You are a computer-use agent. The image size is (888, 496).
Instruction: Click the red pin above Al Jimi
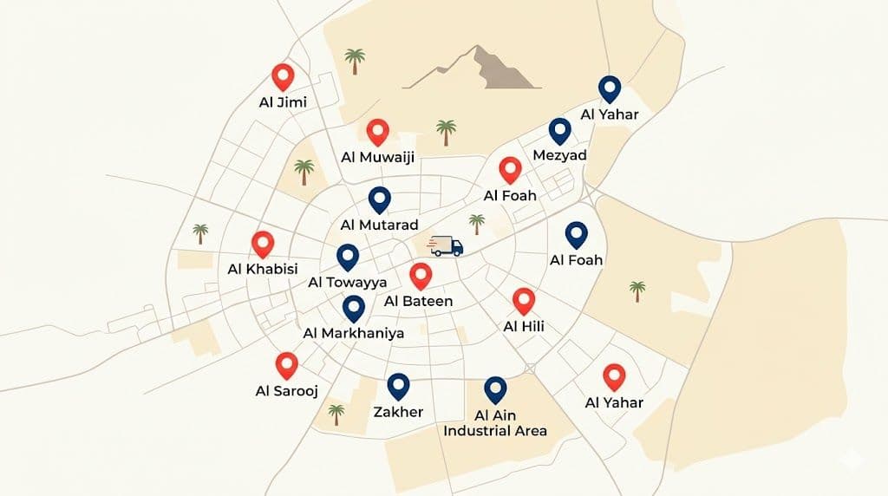[x=282, y=76]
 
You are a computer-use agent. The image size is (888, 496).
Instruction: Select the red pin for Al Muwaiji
[x=377, y=131]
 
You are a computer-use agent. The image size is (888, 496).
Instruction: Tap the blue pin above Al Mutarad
[x=379, y=199]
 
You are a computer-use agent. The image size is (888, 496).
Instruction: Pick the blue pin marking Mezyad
[x=560, y=131]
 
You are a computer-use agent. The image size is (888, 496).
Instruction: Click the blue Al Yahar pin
[x=610, y=88]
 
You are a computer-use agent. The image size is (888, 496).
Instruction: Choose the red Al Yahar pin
[x=614, y=375]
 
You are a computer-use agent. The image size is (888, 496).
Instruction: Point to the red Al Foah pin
[x=510, y=169]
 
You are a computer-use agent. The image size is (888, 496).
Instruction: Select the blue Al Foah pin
[x=576, y=234]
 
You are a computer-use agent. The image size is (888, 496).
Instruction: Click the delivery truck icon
[x=447, y=245]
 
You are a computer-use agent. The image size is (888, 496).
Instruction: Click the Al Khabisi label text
[x=262, y=269]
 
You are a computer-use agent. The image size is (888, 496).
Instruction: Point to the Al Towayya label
[x=347, y=283]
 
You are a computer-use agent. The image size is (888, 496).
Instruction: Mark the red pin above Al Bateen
[x=421, y=276]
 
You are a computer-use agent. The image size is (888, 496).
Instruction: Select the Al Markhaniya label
[x=353, y=333]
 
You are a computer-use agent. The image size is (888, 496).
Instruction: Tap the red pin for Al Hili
[x=523, y=300]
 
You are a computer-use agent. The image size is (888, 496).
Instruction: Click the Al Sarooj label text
[x=287, y=391]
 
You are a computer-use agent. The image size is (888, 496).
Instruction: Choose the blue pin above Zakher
[x=398, y=385]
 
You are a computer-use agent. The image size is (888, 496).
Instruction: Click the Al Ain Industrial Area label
[x=495, y=422]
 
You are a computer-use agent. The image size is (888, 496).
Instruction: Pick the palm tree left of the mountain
[x=354, y=61]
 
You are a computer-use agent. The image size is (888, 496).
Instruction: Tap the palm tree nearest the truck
[x=476, y=224]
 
